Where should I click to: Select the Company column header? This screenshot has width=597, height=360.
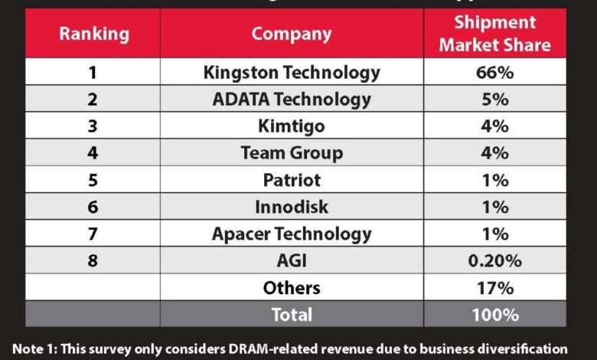(x=292, y=34)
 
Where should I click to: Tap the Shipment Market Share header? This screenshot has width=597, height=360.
(x=494, y=34)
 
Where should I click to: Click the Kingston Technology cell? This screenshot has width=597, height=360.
(x=292, y=73)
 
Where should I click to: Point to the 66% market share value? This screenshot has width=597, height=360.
(x=494, y=73)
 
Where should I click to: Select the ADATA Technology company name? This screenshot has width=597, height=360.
(x=292, y=99)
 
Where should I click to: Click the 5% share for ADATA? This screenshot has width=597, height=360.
(x=494, y=99)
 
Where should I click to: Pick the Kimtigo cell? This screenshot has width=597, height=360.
(x=292, y=126)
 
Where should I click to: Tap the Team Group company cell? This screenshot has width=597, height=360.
(x=292, y=152)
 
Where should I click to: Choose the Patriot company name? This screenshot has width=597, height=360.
(x=292, y=180)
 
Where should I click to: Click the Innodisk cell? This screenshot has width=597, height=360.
(x=292, y=207)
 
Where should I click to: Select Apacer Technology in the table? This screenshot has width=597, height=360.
(x=292, y=234)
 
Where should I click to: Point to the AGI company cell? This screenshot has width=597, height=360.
(x=292, y=260)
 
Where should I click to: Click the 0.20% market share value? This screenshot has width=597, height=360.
(x=494, y=260)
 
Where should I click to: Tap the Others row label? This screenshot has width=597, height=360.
(x=292, y=288)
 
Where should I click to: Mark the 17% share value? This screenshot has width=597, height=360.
(x=494, y=288)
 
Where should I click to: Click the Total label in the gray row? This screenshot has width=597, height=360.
(x=292, y=314)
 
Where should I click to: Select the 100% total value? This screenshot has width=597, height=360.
(x=494, y=314)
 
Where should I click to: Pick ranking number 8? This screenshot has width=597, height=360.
(x=93, y=260)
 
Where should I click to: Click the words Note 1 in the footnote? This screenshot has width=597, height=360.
(x=34, y=346)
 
